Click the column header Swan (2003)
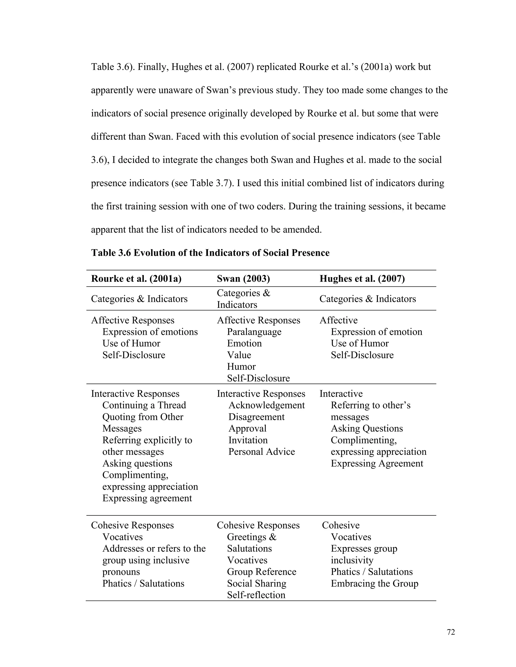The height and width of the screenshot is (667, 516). pos(243,279)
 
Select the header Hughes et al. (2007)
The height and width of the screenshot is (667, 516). pos(362,279)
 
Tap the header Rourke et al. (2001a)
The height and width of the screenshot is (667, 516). pos(136,279)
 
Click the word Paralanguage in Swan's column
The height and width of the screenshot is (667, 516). pos(254,332)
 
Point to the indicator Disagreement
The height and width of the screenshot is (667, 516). pos(256,417)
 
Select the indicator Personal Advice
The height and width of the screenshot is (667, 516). pos(261,452)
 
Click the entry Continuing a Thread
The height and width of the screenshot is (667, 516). pos(144,405)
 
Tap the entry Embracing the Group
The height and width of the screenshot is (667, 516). pos(374,584)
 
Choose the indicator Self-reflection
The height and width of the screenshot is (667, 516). pos(256,595)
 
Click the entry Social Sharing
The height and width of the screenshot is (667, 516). pos(256,584)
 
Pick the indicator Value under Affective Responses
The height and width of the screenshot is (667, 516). pos(239,355)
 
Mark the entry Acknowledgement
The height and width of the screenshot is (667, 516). pos(267,405)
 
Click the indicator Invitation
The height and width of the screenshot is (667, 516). pos(248,440)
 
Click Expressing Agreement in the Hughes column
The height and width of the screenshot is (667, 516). pos(377,463)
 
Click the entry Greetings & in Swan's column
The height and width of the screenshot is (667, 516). pos(251,537)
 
